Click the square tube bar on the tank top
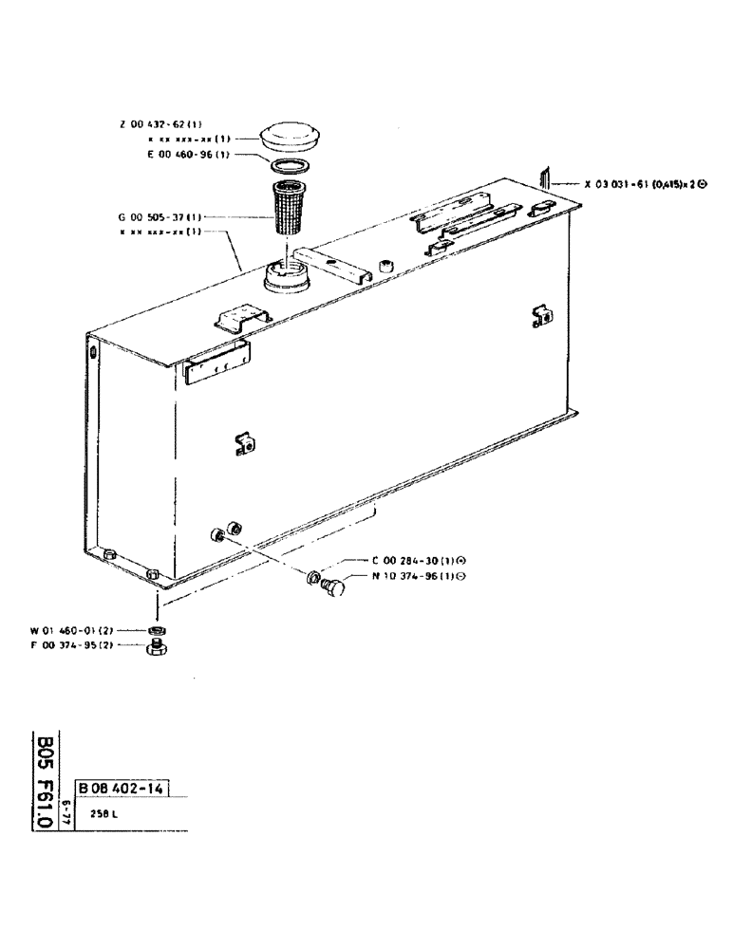(x=332, y=266)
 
